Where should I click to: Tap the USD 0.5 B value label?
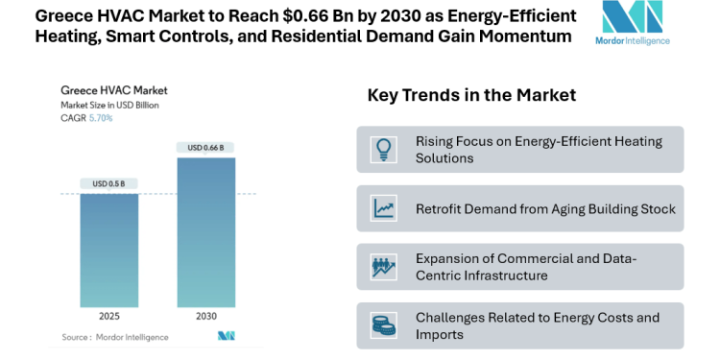pyautogui.click(x=115, y=183)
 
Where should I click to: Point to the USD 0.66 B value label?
pyautogui.click(x=205, y=147)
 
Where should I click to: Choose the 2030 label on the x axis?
pyautogui.click(x=205, y=316)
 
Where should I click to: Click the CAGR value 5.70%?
pyautogui.click(x=101, y=118)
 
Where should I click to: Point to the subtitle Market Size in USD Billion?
pyautogui.click(x=108, y=105)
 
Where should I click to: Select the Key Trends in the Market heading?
pyautogui.click(x=471, y=95)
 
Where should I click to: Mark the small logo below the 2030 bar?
pyautogui.click(x=227, y=336)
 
